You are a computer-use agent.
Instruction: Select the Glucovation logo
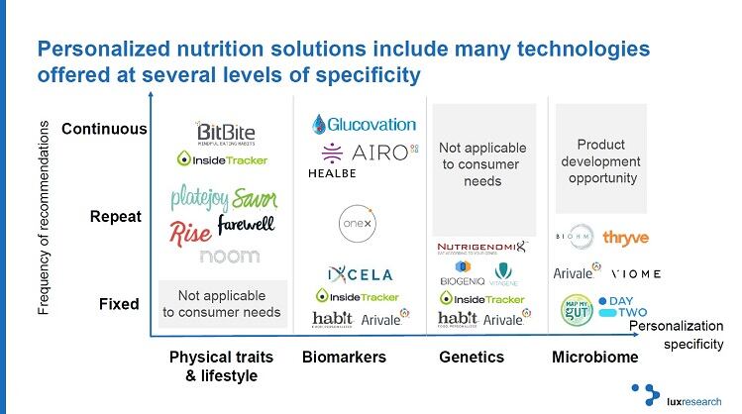[364, 124]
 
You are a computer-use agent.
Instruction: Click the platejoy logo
[201, 198]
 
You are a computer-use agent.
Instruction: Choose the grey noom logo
[229, 256]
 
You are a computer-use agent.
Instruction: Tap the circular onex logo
[356, 219]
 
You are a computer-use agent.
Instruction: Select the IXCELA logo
[360, 274]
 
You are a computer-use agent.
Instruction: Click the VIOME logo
[636, 273]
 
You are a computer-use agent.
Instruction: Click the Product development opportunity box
[600, 159]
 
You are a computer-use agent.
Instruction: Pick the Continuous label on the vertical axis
[104, 130]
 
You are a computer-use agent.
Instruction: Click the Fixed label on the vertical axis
[119, 304]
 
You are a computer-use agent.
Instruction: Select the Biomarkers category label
[343, 357]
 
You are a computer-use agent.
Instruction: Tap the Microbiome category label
[594, 357]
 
